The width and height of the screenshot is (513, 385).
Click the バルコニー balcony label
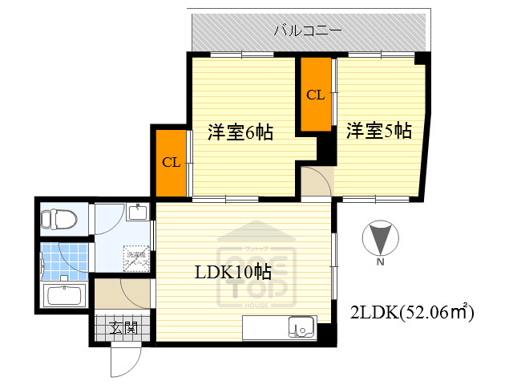[308, 31]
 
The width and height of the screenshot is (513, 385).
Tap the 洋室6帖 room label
[240, 132]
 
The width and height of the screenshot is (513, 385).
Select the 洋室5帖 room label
[379, 131]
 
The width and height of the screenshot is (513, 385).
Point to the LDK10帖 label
[233, 272]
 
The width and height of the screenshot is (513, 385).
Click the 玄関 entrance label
[123, 327]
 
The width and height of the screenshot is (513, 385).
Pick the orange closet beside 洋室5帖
[316, 95]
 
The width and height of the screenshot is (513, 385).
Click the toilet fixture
[60, 218]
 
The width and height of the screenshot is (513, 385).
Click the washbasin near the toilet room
[138, 213]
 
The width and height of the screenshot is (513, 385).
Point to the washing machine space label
[134, 258]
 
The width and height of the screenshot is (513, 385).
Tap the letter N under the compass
[380, 261]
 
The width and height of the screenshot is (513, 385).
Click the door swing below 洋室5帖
[317, 183]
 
